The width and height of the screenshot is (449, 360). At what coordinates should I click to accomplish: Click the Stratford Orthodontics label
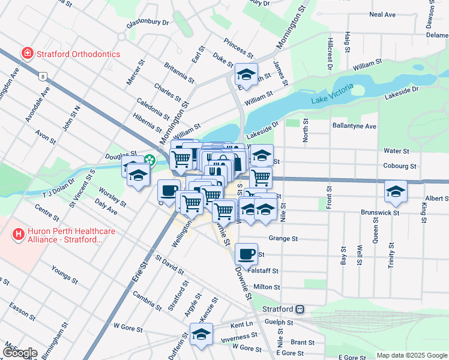click(78, 54)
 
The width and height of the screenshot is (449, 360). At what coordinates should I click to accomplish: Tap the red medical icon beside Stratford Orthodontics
click(27, 54)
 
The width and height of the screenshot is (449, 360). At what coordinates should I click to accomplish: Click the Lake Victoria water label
click(333, 95)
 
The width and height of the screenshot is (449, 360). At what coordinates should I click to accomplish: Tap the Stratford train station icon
click(300, 309)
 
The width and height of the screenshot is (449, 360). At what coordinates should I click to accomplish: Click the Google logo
click(19, 353)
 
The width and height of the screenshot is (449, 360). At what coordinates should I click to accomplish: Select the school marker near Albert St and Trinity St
click(396, 191)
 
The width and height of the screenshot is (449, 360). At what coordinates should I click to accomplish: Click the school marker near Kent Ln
click(202, 335)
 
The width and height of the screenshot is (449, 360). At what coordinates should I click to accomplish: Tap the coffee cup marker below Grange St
click(246, 254)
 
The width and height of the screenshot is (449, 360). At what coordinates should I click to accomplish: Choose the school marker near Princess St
click(246, 74)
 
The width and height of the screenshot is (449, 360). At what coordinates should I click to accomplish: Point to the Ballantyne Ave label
click(354, 127)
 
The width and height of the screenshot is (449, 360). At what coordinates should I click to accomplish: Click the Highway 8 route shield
click(42, 76)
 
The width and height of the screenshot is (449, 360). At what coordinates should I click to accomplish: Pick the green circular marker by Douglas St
click(150, 160)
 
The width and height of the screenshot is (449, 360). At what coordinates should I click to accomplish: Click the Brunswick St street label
click(380, 212)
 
